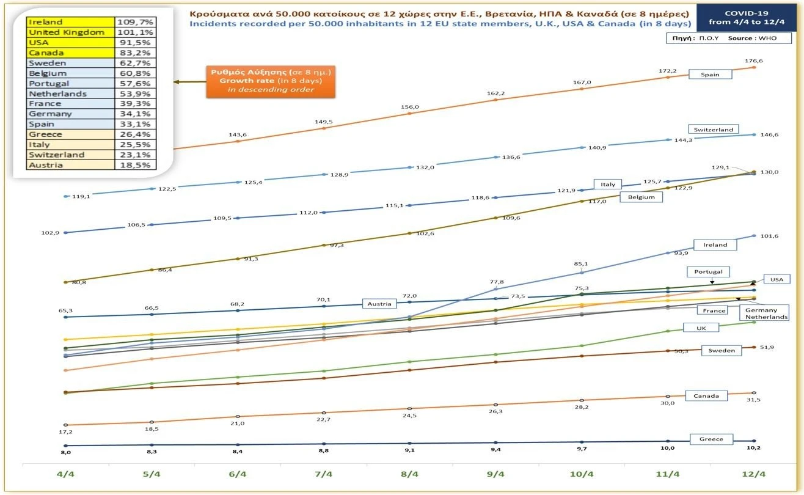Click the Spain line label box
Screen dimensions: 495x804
point(710,75)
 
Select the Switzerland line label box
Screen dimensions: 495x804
point(714,130)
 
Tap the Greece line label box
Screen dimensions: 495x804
point(711,439)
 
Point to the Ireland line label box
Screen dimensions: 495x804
point(715,244)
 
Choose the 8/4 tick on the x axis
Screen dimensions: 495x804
point(409,474)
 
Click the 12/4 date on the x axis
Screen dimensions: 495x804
point(753,474)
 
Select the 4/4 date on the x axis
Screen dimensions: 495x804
point(65,474)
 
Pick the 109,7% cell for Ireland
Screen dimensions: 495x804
point(136,22)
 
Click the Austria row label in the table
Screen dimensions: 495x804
point(71,165)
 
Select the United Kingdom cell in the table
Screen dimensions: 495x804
point(71,32)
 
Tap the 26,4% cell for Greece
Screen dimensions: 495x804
point(136,134)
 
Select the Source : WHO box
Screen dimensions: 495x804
point(729,38)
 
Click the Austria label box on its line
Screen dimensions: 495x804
point(379,303)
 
